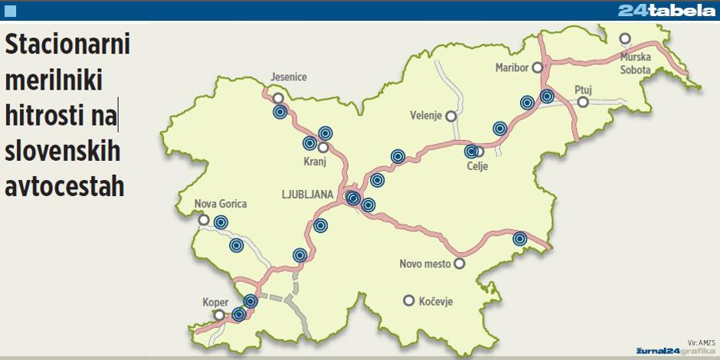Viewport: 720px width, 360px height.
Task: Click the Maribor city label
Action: [x=512, y=67]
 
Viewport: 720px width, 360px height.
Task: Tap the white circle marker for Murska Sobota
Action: [x=626, y=38]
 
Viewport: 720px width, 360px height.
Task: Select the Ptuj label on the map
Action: [x=584, y=90]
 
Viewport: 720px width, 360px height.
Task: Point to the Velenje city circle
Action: [x=451, y=116]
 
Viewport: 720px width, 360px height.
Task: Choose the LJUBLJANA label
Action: [x=306, y=195]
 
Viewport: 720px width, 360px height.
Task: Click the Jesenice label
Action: [x=289, y=77]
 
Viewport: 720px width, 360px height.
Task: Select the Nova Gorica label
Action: [x=221, y=204]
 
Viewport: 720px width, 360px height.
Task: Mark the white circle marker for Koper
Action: [x=221, y=315]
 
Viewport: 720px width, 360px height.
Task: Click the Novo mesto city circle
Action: [x=460, y=263]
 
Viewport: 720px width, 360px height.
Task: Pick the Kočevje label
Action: [x=436, y=301]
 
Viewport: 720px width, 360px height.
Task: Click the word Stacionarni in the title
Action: [x=67, y=44]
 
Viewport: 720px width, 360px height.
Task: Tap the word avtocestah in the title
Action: [x=64, y=186]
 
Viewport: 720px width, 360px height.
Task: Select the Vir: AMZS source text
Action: [x=700, y=342]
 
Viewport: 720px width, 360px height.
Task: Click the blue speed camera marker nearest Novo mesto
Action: [x=520, y=239]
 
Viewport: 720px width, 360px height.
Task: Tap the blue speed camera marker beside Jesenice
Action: [x=280, y=112]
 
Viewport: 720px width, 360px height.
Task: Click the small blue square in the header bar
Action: [x=10, y=10]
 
